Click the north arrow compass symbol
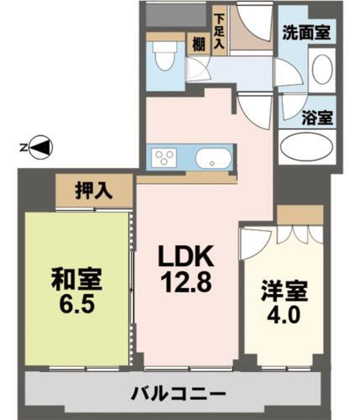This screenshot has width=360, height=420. pos(40,148)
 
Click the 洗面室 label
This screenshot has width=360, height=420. pos(305,35)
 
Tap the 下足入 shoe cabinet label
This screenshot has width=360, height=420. pos(219,30)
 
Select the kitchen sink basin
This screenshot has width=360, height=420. pos(211,157)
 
